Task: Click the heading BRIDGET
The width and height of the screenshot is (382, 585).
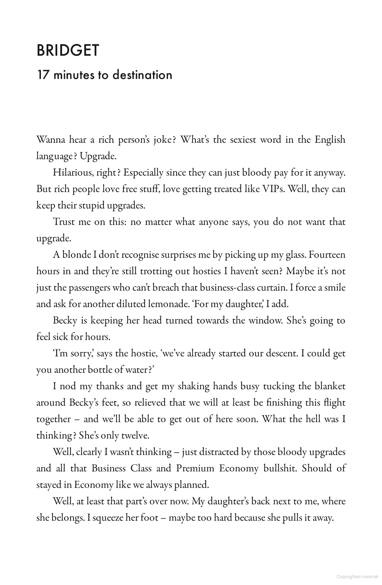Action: [67, 51]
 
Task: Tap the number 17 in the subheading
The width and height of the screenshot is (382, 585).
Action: [42, 75]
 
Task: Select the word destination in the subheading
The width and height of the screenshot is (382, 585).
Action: [142, 75]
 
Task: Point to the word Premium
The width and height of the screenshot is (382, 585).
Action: [195, 468]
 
